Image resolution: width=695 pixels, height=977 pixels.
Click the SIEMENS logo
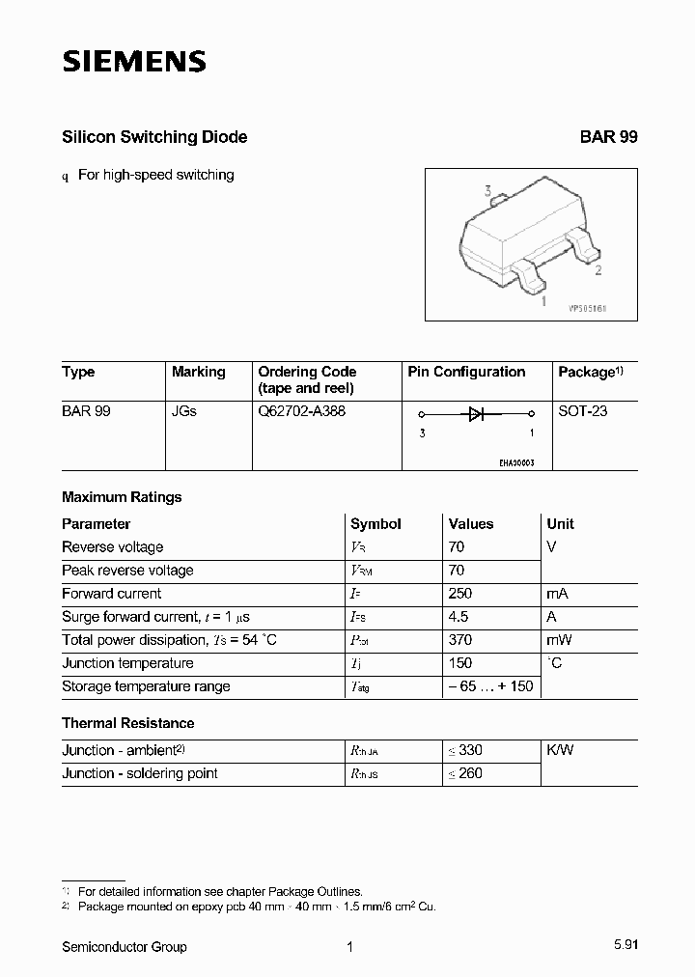click(134, 63)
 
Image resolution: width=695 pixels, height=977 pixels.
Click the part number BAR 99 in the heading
click(608, 137)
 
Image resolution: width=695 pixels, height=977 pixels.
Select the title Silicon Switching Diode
click(154, 137)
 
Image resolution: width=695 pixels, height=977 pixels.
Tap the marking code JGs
click(183, 410)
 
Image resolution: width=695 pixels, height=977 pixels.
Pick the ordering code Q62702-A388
click(301, 410)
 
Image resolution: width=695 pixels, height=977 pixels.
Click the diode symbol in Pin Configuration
click(476, 414)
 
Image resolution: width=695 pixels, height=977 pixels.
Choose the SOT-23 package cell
click(582, 410)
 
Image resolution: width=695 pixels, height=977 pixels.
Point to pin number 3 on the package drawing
click(488, 192)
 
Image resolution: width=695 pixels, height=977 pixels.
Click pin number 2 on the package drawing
click(598, 270)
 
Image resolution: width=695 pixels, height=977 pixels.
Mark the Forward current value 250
click(460, 594)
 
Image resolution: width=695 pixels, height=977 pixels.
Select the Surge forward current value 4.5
click(459, 617)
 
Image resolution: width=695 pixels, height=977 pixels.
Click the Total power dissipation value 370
click(460, 640)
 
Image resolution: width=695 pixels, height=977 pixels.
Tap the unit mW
click(560, 640)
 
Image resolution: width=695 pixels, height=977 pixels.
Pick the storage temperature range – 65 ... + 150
click(489, 686)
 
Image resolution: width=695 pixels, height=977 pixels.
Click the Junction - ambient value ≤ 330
click(465, 750)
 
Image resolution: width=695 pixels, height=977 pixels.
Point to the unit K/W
click(560, 750)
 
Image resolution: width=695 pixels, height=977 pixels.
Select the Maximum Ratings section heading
click(122, 497)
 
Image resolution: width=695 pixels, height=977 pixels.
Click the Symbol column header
click(375, 524)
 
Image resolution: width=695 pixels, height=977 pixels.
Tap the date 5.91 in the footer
click(624, 947)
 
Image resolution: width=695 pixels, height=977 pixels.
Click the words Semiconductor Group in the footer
click(125, 947)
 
